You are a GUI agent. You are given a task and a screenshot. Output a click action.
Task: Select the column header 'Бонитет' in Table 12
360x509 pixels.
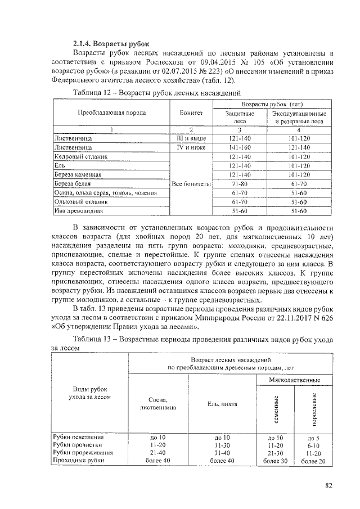191,113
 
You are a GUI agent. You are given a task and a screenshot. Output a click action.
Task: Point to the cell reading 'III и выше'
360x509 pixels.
191,138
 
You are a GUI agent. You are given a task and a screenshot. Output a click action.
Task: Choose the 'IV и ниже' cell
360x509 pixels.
191,147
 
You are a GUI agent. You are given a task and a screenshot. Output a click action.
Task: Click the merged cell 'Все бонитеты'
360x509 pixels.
191,184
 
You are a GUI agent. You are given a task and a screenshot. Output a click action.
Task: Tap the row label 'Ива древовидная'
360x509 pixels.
75,211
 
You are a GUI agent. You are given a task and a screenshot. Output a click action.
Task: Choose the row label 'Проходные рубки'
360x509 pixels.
78,461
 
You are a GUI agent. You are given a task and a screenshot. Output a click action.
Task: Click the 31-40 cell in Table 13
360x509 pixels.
222,453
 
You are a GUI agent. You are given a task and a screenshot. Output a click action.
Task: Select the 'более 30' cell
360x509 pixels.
276,461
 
